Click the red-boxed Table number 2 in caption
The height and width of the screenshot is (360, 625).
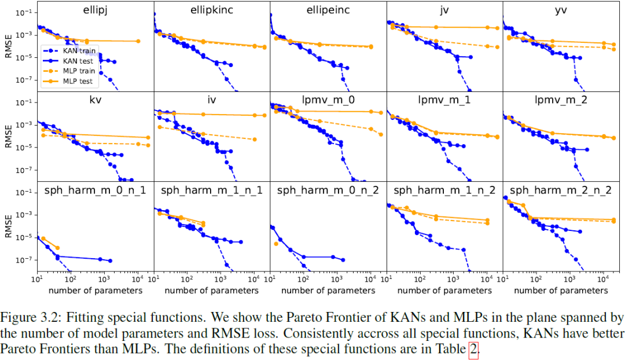473,350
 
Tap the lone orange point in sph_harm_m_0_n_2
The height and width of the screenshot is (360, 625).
276,244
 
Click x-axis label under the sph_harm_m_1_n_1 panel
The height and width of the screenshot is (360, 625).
212,290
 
